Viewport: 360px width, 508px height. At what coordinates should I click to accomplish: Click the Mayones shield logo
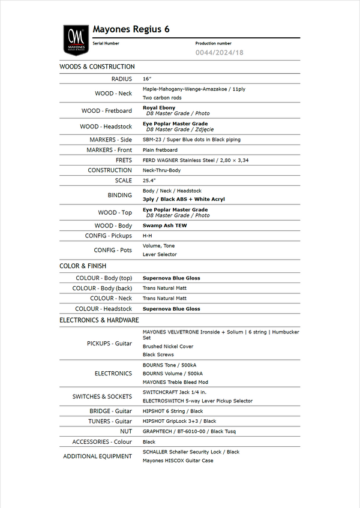[x=76, y=40]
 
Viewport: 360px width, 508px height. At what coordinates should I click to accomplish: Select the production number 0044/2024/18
[x=220, y=53]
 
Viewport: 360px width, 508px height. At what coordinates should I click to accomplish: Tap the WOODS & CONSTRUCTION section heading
[x=97, y=67]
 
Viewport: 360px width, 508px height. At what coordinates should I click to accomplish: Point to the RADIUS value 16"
[x=147, y=79]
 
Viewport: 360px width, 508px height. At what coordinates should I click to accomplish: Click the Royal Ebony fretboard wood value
[x=159, y=108]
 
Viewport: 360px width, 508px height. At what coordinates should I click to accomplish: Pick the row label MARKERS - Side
[x=110, y=140]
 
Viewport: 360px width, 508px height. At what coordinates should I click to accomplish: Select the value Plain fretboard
[x=160, y=150]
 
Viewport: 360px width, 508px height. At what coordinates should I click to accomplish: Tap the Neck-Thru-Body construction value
[x=161, y=170]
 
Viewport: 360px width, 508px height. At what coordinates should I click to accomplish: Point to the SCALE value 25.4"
[x=149, y=181]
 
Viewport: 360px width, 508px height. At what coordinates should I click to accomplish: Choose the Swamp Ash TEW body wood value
[x=164, y=226]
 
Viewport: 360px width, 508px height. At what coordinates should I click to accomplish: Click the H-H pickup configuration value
[x=147, y=236]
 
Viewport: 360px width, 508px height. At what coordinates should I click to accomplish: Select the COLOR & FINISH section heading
[x=83, y=266]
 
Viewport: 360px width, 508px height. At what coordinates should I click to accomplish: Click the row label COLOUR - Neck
[x=111, y=298]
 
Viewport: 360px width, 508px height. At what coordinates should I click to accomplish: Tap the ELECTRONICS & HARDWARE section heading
[x=99, y=320]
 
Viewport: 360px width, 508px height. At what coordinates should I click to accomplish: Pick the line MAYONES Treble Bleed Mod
[x=175, y=382]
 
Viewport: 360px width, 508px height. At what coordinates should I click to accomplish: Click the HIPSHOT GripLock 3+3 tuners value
[x=179, y=421]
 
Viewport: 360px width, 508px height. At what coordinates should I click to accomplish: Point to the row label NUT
[x=126, y=431]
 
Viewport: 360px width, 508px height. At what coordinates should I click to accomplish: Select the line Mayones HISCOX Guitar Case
[x=178, y=461]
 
